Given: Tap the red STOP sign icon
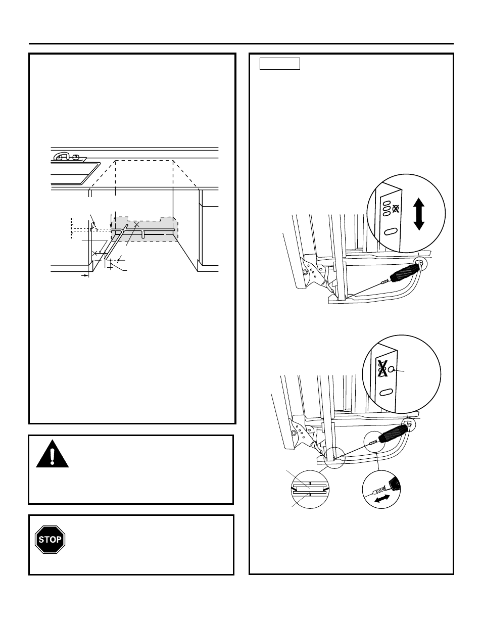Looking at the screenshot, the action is click(x=51, y=540).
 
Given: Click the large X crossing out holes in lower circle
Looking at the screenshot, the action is click(x=382, y=369).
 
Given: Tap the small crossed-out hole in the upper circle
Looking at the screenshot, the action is click(x=396, y=208).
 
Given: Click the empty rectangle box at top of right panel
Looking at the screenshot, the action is click(x=279, y=64).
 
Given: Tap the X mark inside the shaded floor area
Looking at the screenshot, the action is click(x=136, y=223).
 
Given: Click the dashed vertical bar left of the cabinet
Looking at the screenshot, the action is click(x=72, y=228).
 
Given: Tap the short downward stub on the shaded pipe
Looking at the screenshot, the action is click(x=144, y=234).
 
